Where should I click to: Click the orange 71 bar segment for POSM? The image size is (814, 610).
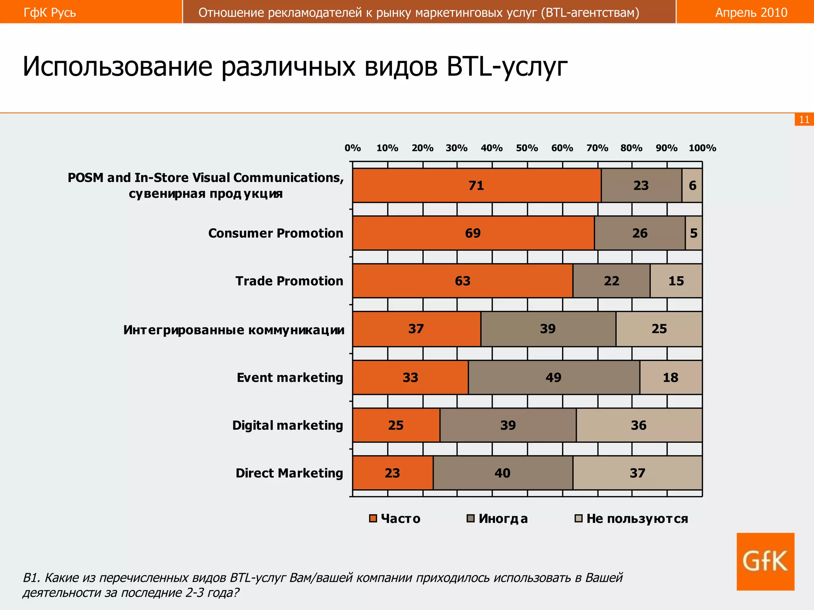point(477,185)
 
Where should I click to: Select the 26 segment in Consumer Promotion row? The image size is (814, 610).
point(640,233)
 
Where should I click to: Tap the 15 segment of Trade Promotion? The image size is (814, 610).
point(676,281)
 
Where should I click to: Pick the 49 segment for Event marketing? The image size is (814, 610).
point(554,377)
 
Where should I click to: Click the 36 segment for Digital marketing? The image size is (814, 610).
point(639,425)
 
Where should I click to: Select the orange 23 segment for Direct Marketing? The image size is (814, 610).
point(392,473)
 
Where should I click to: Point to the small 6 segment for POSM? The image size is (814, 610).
point(692,185)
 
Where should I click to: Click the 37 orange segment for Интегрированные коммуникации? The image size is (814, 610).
point(416,329)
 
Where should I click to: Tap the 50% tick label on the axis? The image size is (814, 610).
point(527,148)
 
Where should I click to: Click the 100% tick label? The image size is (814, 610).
point(702,148)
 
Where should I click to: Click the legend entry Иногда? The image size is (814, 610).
point(497,519)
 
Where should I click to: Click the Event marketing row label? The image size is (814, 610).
point(290,377)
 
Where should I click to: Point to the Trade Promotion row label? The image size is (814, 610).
point(289,281)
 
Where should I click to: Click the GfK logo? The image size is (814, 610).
point(765,561)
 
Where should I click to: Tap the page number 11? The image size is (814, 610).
point(804,120)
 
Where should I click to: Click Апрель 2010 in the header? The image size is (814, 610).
point(751,12)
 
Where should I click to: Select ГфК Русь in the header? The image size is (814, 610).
point(50,12)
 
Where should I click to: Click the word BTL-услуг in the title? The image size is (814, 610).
point(507,66)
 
